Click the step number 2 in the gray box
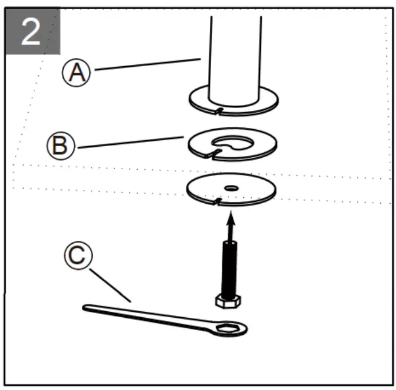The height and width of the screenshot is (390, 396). pos(32,32)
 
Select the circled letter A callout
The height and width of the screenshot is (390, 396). pos(77,73)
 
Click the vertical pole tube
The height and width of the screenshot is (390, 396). pos(235,55)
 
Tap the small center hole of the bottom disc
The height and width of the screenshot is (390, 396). pos(231,189)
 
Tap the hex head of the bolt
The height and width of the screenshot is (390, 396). pos(227,300)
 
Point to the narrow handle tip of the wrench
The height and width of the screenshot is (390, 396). pos(89,309)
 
